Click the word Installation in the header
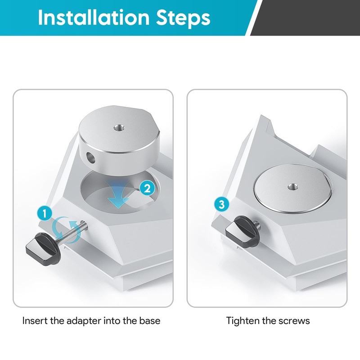pyautogui.click(x=94, y=18)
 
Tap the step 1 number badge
pyautogui.click(x=45, y=213)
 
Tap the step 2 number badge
pyautogui.click(x=147, y=189)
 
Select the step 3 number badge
pyautogui.click(x=221, y=204)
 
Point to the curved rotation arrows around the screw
pyautogui.click(x=67, y=229)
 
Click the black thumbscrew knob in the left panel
pyautogui.click(x=43, y=248)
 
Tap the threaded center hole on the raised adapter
pyautogui.click(x=120, y=127)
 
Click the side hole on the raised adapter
pyautogui.click(x=90, y=157)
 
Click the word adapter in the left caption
pyautogui.click(x=84, y=321)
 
